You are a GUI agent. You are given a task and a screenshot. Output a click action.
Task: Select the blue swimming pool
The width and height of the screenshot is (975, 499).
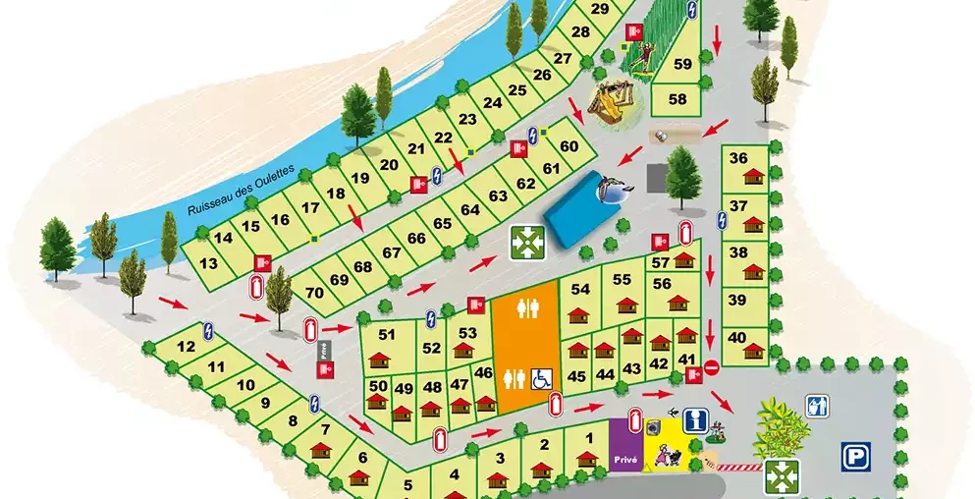coord(582,207)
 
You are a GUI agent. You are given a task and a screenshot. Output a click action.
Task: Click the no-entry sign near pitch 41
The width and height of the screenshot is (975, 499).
coord(712,367)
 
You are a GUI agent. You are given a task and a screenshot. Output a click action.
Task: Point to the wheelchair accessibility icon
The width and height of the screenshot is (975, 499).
coord(540,376)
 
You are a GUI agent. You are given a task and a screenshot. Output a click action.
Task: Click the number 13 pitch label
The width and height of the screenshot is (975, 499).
coord(208,263)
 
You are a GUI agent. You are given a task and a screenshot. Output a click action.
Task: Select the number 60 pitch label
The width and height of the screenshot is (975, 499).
coord(569,147)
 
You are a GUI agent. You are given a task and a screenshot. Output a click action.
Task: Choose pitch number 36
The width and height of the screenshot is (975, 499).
coord(739,158)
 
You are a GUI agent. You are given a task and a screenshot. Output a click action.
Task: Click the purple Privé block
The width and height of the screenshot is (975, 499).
coord(625,457)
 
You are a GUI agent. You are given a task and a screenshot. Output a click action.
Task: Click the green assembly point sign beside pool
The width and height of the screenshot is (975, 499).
coord(527,241)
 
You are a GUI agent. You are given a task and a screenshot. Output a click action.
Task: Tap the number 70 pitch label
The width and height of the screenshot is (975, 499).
coord(314,293)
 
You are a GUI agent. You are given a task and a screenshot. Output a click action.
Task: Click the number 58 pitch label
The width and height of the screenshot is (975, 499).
coord(677,99)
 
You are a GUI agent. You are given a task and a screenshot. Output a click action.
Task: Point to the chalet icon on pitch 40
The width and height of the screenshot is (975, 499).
coord(754,350)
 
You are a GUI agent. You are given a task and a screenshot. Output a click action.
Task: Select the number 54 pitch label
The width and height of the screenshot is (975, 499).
coord(580,289)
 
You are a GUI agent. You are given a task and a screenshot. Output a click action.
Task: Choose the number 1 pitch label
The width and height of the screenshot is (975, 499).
coord(588,438)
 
